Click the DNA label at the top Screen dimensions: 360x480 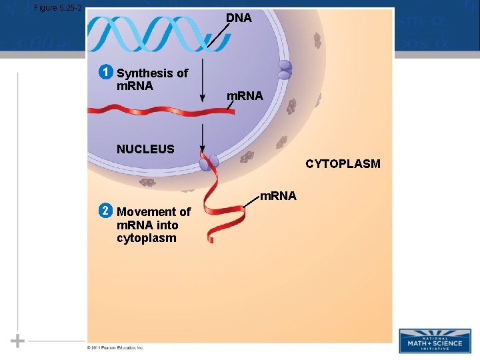tap(239, 18)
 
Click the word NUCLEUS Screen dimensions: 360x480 tap(145, 149)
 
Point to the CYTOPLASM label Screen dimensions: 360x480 tap(343, 163)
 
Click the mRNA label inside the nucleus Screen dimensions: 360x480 tap(245, 97)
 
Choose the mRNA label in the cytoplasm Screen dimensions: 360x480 tap(278, 196)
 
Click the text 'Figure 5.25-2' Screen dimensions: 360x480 tap(57, 7)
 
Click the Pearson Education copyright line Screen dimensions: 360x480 tap(115, 347)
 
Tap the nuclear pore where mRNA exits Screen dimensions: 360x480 tap(209, 161)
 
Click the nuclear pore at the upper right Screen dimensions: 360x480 tap(285, 70)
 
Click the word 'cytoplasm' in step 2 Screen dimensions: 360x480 tap(147, 238)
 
